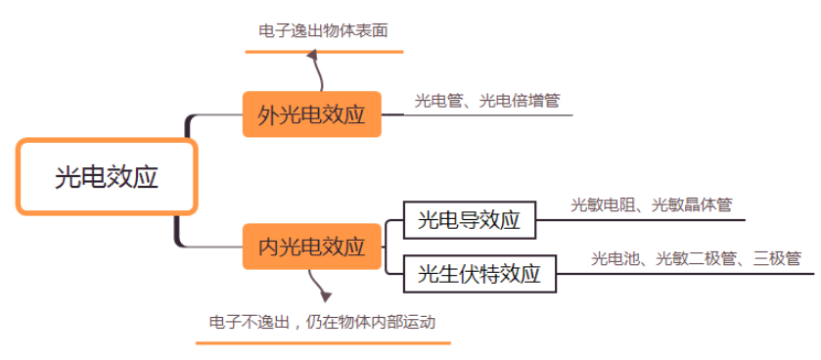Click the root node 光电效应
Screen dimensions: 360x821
coord(107,177)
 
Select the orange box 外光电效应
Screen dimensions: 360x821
coord(311,114)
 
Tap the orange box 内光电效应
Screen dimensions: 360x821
coord(311,247)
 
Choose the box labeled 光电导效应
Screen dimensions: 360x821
coord(469,220)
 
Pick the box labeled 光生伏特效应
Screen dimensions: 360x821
coord(479,273)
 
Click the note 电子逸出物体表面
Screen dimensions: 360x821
coord(323,30)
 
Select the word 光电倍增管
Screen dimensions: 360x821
coord(520,100)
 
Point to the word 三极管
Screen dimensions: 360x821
coord(777,258)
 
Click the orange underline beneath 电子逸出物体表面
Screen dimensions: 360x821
coord(323,50)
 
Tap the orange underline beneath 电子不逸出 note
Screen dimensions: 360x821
coord(323,342)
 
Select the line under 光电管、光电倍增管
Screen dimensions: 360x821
coord(489,114)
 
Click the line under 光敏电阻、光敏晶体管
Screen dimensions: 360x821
coord(646,219)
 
